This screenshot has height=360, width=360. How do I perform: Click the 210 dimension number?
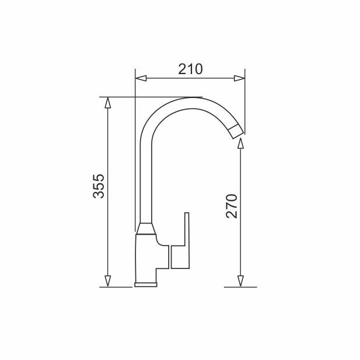190,69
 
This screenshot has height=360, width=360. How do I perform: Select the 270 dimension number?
232,205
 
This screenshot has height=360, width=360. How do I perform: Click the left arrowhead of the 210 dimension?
139,78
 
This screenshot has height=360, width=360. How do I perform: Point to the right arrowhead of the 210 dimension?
239,78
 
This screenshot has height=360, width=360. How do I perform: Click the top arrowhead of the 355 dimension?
107,102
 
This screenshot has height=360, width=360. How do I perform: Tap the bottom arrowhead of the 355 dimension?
107,282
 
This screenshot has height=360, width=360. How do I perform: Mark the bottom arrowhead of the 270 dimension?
240,282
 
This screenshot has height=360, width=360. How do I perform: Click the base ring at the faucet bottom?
146,284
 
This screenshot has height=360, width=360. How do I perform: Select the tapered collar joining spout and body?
146,229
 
